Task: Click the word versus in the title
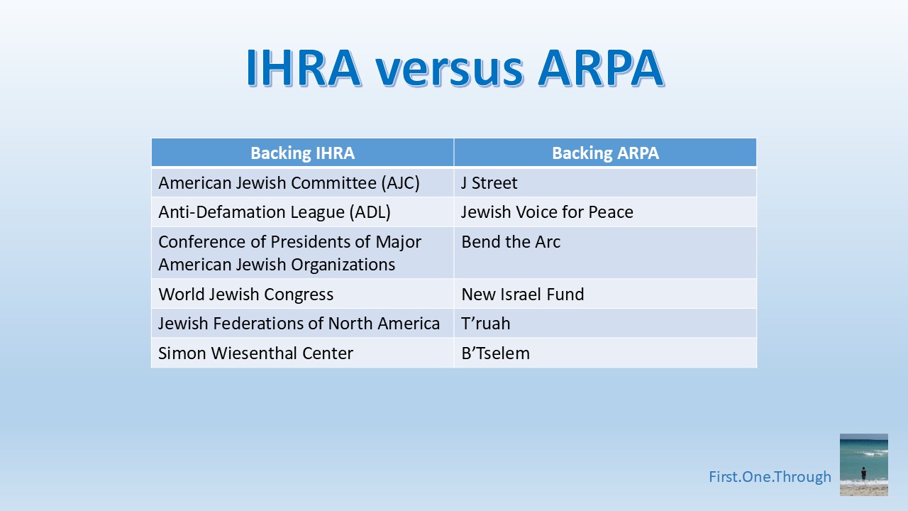coord(449,68)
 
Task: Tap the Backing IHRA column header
coord(302,153)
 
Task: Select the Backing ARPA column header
coord(605,153)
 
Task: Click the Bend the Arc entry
coord(511,242)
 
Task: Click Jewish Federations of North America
coord(299,324)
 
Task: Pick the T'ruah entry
coord(486,324)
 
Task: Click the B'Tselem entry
coord(495,353)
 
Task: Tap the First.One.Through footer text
coord(770,477)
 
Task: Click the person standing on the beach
coord(864,473)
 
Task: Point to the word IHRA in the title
coord(303,68)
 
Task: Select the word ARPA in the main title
coord(600,68)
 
